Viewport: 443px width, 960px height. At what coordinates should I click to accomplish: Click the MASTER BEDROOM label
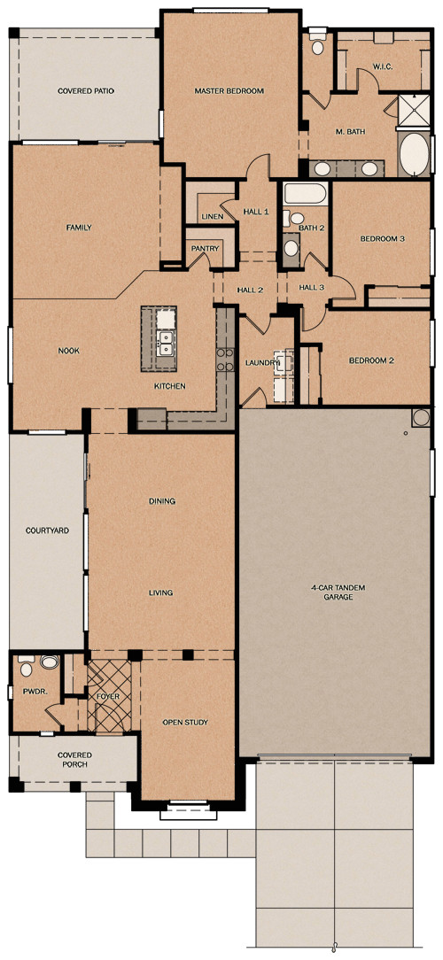click(229, 90)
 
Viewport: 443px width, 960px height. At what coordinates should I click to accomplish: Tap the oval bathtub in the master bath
click(414, 154)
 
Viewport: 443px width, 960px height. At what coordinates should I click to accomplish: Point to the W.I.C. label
click(383, 66)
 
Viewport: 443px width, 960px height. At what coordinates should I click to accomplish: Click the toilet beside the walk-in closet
click(317, 48)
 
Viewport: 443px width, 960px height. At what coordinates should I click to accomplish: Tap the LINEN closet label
click(212, 216)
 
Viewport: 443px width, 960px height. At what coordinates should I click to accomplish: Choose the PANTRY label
click(205, 249)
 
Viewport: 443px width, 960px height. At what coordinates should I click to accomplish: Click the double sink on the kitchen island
click(164, 343)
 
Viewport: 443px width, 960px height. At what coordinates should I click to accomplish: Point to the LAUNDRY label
click(261, 363)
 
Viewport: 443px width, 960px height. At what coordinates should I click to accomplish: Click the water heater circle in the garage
click(419, 418)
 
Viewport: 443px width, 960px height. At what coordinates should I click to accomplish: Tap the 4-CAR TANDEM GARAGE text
click(332, 592)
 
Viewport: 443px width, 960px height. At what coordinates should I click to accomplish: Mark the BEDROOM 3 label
click(382, 239)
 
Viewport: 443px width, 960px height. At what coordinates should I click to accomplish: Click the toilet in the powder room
click(27, 661)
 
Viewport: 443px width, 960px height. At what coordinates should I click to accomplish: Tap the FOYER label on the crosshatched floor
click(108, 697)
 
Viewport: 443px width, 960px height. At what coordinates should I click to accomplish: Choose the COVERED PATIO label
click(86, 90)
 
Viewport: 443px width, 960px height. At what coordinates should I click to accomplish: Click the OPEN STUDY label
click(185, 723)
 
